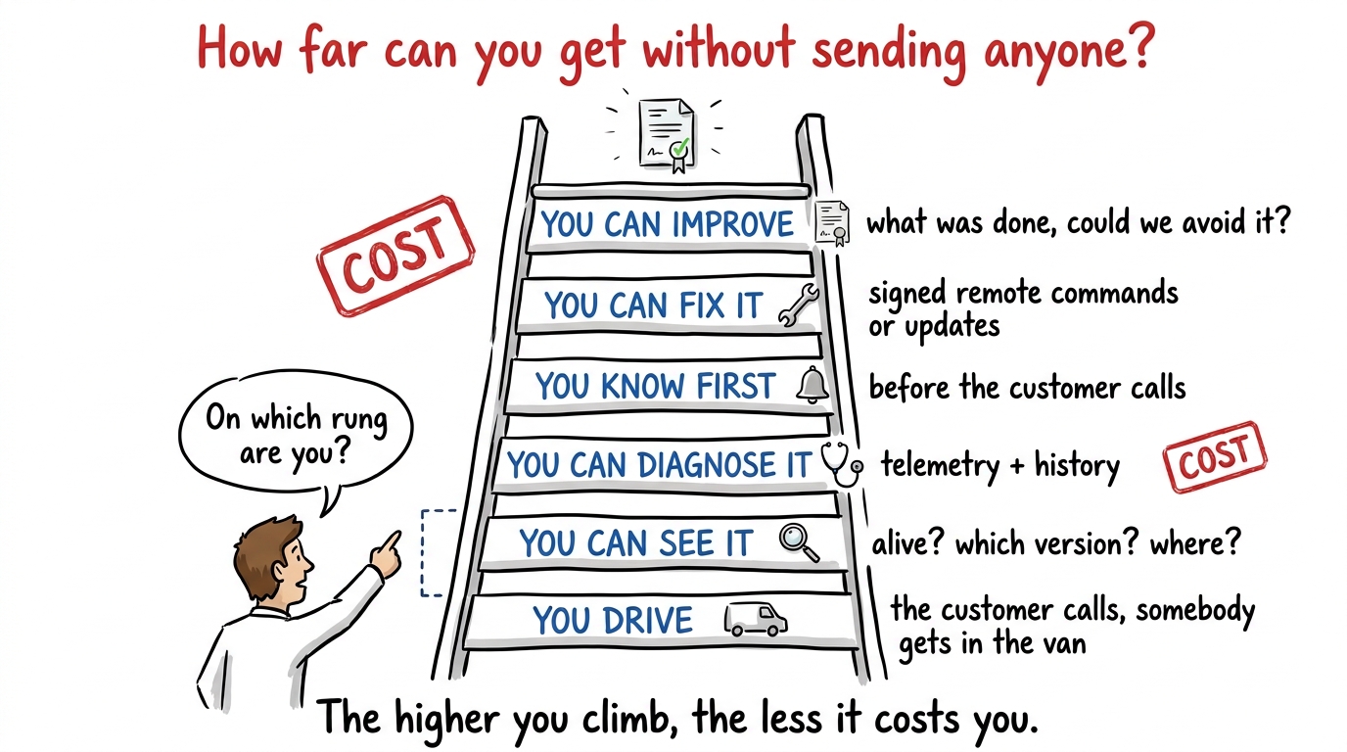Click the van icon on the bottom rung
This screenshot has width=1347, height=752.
[756, 620]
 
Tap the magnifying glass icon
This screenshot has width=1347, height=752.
[799, 542]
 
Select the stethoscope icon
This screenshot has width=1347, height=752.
[842, 464]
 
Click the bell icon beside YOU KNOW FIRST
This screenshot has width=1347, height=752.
[813, 385]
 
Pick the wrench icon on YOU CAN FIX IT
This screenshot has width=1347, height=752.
[799, 305]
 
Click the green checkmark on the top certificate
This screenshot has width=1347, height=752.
[680, 146]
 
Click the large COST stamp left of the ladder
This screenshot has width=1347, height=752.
[395, 256]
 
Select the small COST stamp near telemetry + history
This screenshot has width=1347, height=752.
[1215, 457]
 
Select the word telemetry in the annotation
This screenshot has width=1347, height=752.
[940, 465]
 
